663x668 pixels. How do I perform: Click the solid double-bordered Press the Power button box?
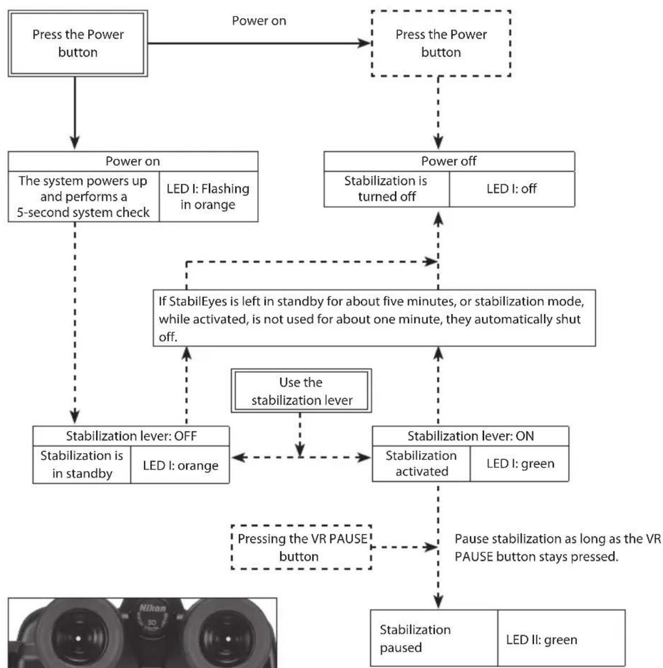pos(78,43)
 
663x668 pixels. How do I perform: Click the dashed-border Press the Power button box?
pos(441,43)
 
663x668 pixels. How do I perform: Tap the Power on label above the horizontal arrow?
pos(259,21)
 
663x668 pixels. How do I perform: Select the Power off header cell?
pos(449,161)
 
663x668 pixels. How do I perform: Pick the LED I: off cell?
pos(512,189)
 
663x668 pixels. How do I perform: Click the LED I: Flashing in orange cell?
pos(208,196)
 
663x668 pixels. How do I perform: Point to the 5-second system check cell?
pos(83,196)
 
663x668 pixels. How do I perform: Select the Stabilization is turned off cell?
pos(387,189)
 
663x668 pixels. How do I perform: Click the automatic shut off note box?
pos(374,318)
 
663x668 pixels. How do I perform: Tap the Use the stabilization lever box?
pos(302,391)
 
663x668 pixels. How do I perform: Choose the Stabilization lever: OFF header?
pos(131,436)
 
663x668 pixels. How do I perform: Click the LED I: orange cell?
pos(180,465)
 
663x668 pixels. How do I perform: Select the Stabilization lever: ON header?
pos(471,436)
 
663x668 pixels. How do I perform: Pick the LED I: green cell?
pos(520,464)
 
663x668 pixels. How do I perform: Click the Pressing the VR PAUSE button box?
pos(302,548)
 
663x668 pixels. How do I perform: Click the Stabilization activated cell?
pos(421,464)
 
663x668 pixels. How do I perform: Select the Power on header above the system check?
pos(133,161)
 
